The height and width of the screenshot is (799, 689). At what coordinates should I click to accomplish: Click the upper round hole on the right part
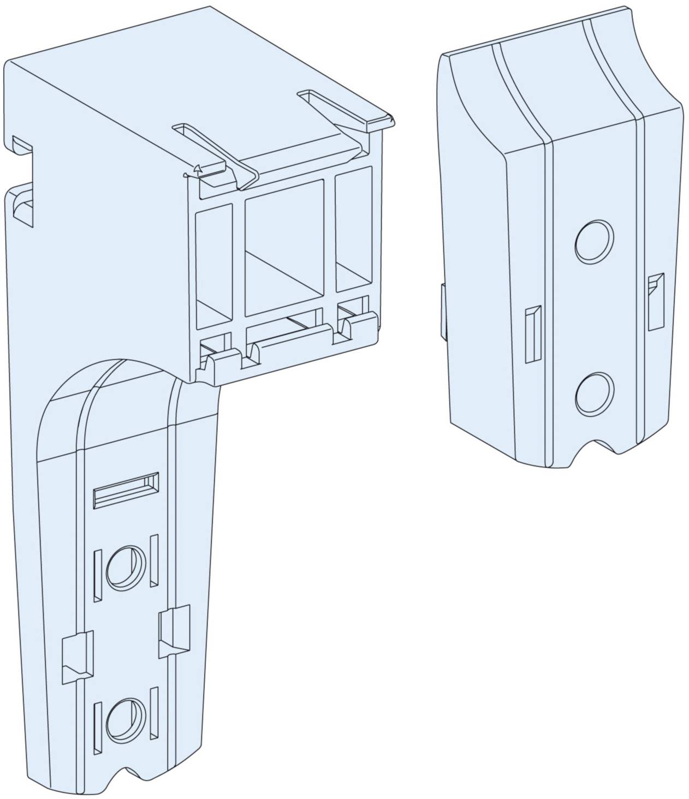click(594, 241)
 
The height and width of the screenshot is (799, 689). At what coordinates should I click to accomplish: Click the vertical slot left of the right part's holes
click(532, 334)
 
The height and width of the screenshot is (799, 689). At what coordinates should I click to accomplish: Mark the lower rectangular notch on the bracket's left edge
click(22, 204)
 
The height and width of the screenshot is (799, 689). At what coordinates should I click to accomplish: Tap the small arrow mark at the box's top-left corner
click(199, 169)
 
